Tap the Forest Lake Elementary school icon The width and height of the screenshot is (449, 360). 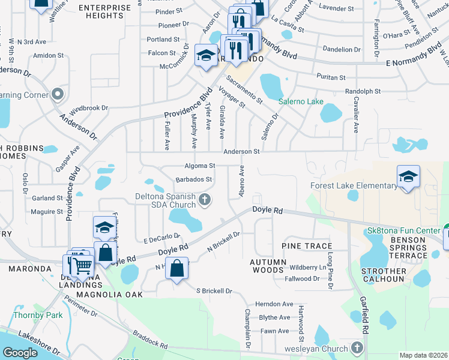pos(408,176)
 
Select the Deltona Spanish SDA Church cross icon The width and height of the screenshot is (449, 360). pos(205,200)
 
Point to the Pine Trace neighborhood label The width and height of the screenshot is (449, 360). pos(307,247)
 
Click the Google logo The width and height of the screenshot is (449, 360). pos(20,353)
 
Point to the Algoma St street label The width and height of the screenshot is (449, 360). pos(200,166)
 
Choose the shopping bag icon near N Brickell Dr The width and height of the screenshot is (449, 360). pos(177,269)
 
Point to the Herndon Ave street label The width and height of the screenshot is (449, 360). pos(274,304)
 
